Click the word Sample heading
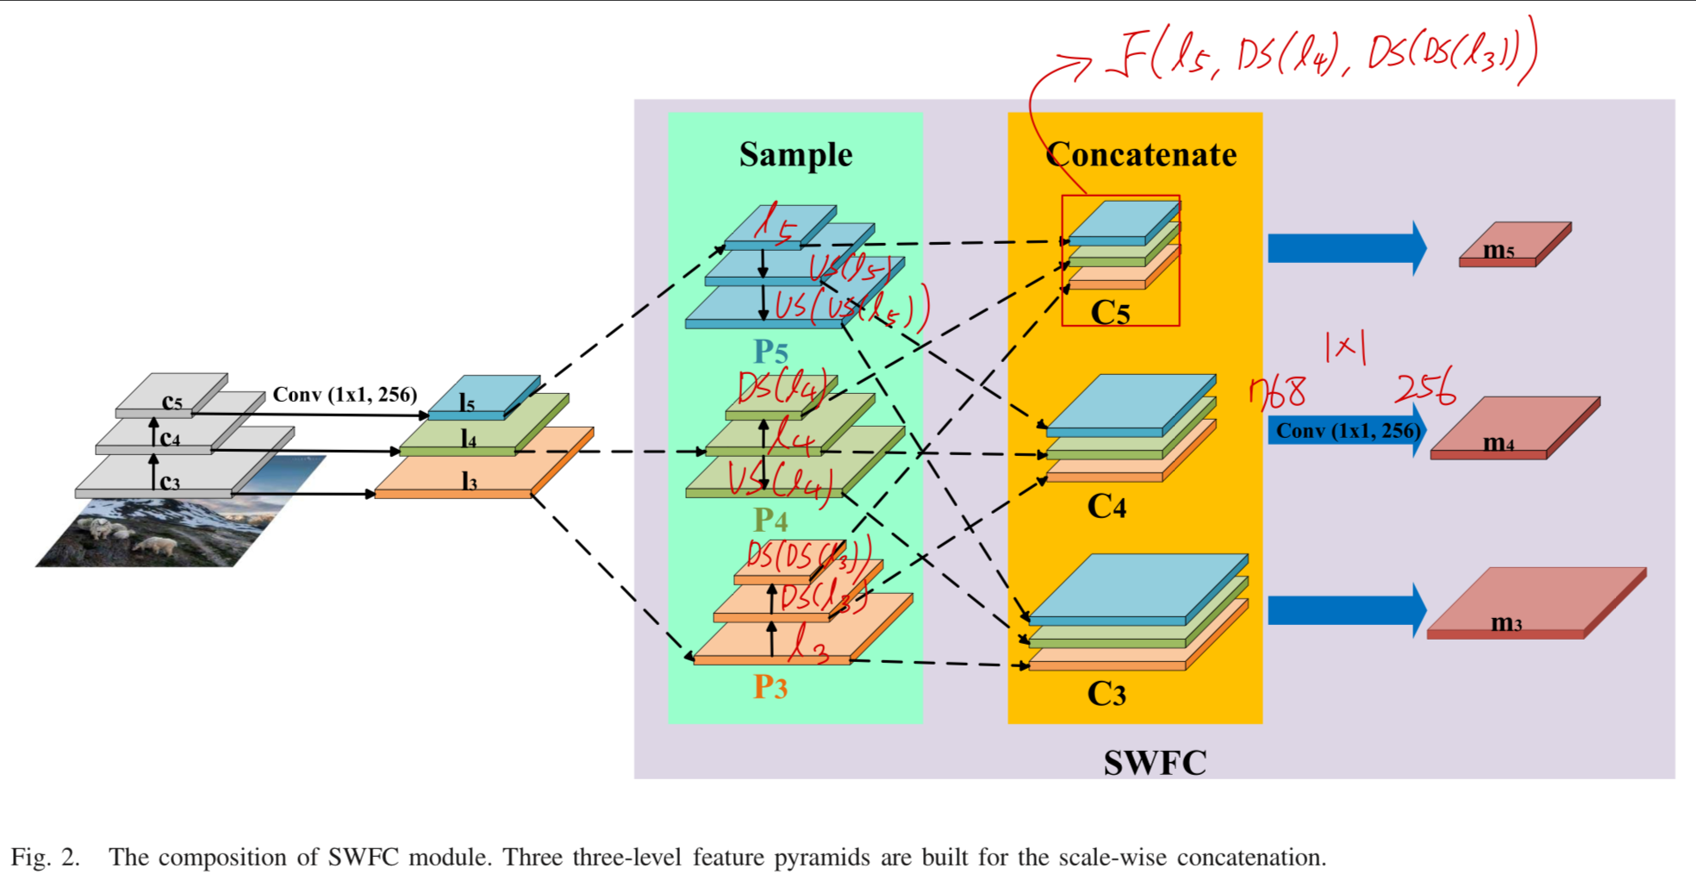pos(795,155)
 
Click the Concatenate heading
pos(1141,155)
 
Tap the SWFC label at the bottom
pos(1155,763)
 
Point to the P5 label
pos(770,352)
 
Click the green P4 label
pos(770,521)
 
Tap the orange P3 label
pos(770,687)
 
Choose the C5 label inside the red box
pos(1110,313)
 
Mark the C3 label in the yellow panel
pos(1107,694)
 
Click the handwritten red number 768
pos(1277,392)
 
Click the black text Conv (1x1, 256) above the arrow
pos(345,395)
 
